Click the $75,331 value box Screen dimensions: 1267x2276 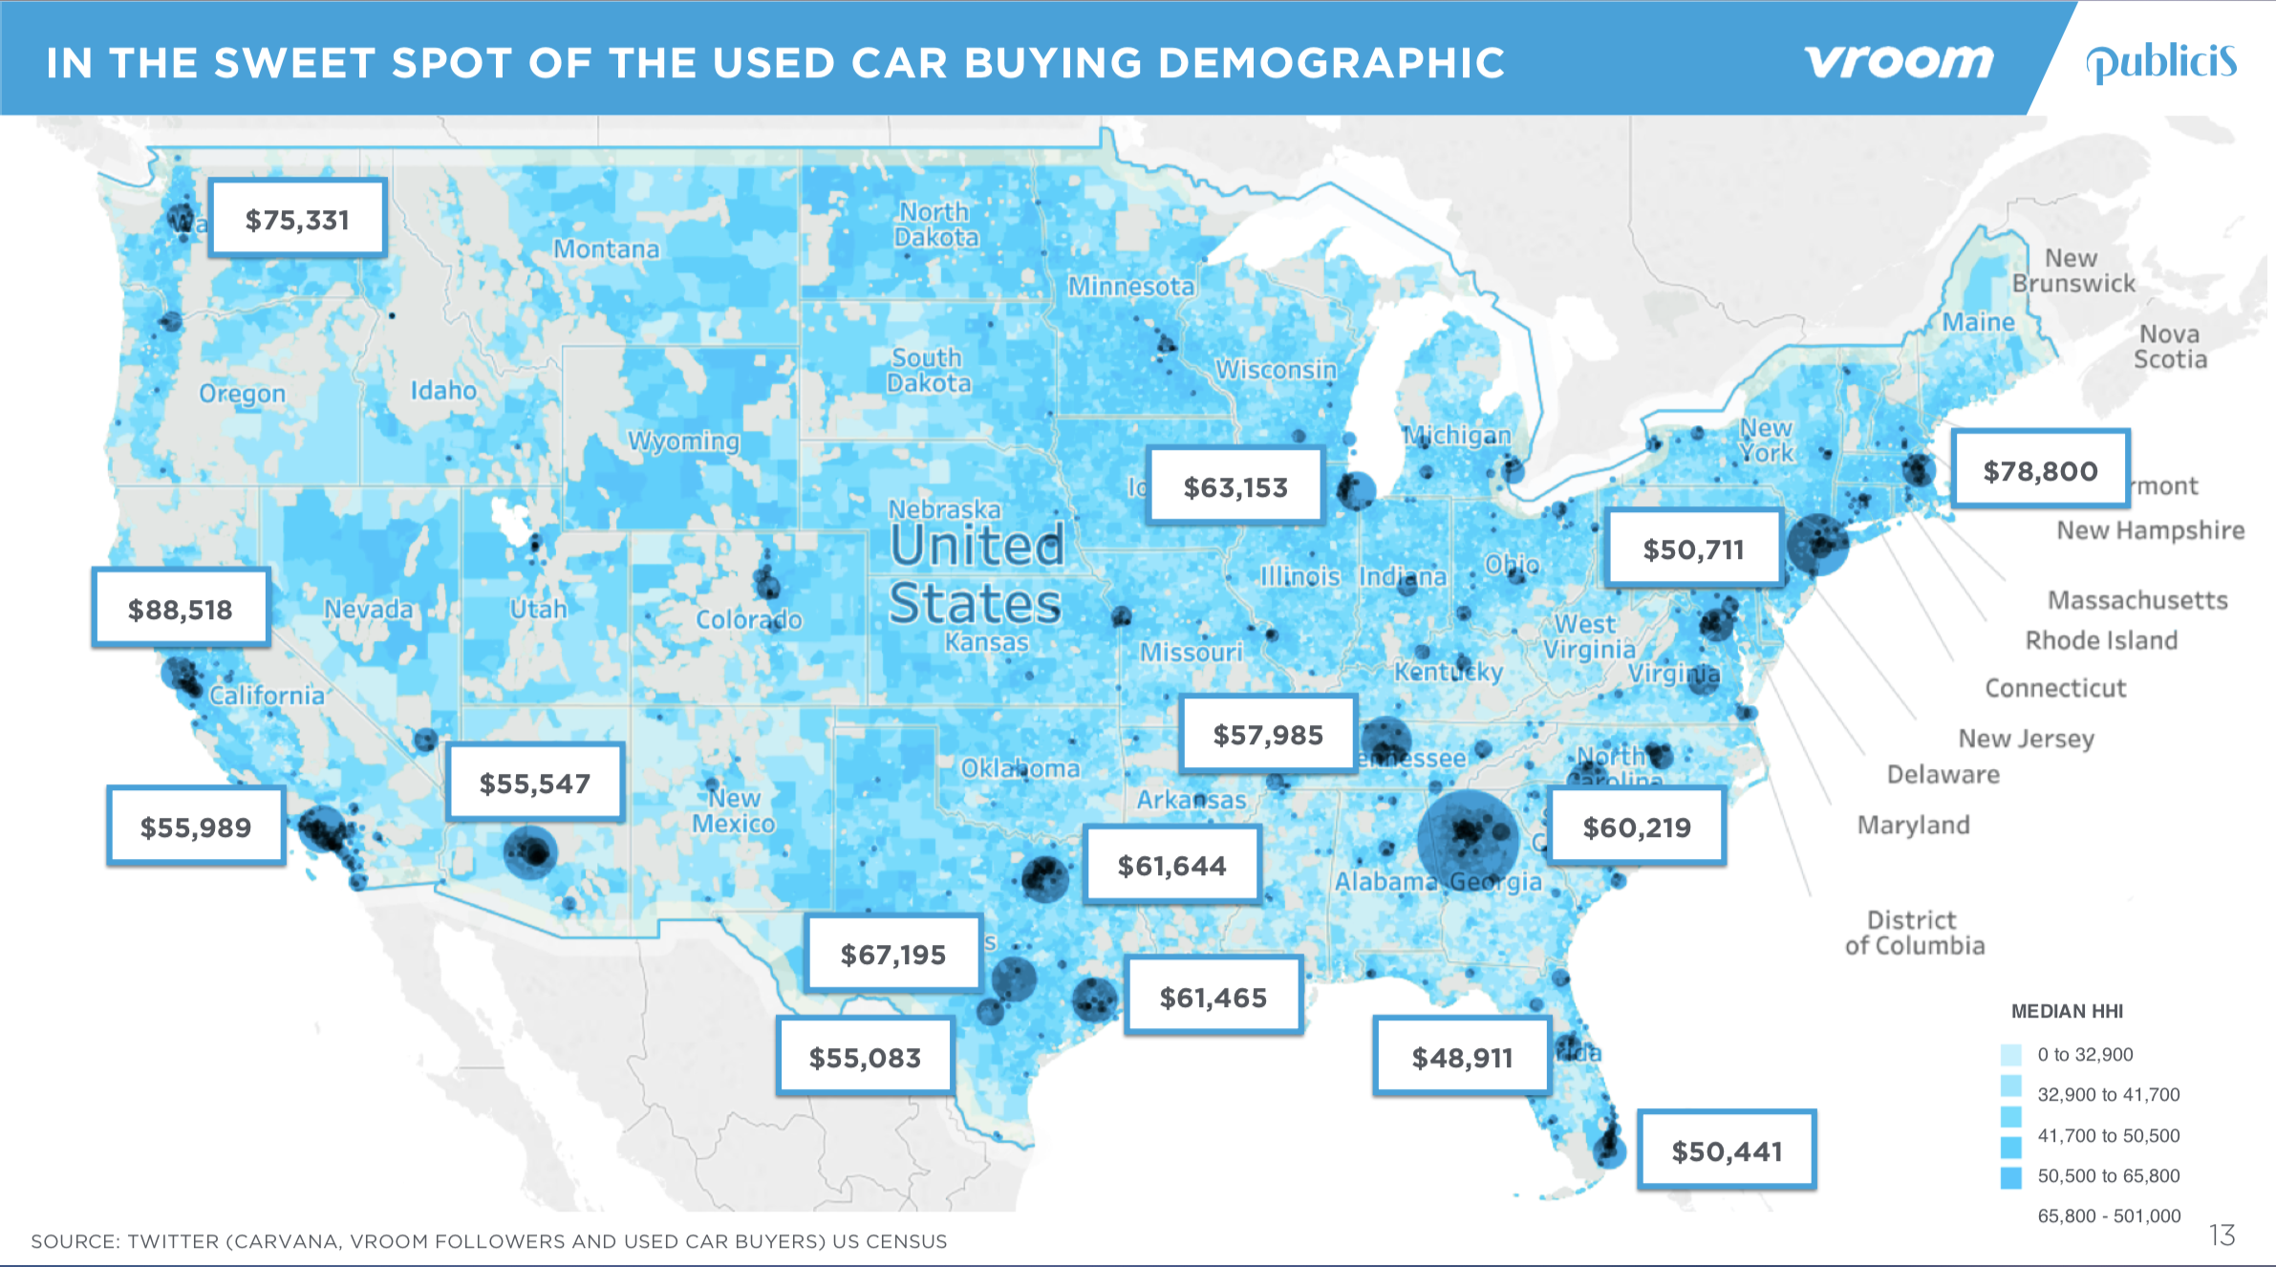(297, 219)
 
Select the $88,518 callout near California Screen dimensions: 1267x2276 (181, 609)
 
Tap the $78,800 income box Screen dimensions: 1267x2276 (2040, 469)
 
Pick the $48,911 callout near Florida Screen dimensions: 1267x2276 (1462, 1057)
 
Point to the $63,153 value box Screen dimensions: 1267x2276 (1235, 486)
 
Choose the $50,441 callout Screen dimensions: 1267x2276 (1727, 1150)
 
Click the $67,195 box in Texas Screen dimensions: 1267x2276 (892, 954)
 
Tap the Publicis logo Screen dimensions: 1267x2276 (2160, 63)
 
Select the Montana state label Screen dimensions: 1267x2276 (607, 249)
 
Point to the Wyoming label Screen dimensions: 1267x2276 (684, 440)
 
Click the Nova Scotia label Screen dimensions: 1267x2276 (2170, 347)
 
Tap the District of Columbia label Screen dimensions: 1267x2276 (1914, 933)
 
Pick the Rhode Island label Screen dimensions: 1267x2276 (2101, 640)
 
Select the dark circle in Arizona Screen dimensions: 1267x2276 (529, 852)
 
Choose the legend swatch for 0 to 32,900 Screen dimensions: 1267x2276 (2010, 1054)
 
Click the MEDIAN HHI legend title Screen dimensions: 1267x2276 (2067, 1011)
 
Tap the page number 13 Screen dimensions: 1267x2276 (2222, 1235)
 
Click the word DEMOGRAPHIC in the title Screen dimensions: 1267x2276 (1331, 63)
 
